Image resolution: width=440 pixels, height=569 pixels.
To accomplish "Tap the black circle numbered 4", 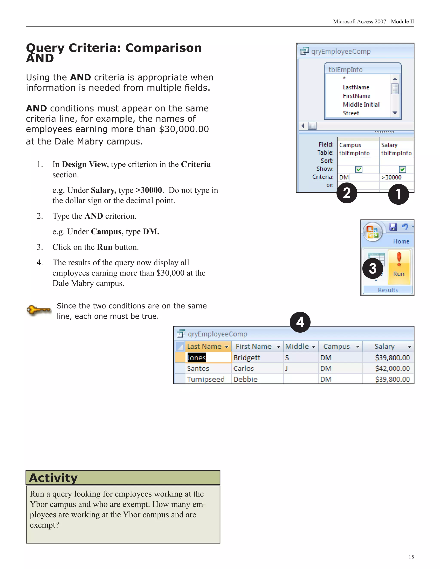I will click(300, 322).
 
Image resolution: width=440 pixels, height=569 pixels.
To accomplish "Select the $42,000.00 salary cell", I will click(392, 368).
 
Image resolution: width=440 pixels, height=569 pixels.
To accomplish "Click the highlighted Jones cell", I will click(197, 358).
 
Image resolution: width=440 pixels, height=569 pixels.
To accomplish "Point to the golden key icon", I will click(39, 310).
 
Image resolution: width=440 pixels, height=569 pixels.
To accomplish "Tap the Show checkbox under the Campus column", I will click(359, 169).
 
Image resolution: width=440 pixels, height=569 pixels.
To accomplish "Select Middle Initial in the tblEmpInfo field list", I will click(361, 105).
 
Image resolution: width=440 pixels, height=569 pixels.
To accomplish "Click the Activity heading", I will click(53, 478).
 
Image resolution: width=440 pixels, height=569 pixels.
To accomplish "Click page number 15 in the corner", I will click(411, 557).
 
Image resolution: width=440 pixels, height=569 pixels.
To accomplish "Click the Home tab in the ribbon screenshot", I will click(401, 242).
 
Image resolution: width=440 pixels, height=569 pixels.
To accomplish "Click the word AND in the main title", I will click(40, 58).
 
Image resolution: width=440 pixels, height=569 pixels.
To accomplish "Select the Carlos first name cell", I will click(243, 368).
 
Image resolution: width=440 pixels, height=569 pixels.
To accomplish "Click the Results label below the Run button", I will click(388, 290).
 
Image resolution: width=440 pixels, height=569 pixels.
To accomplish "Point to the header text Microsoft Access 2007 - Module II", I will click(373, 22).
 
